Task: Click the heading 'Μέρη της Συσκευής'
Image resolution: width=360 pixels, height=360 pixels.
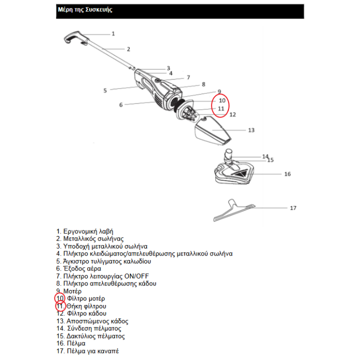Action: coord(84,10)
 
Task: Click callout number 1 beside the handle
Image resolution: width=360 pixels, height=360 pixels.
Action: coord(113,33)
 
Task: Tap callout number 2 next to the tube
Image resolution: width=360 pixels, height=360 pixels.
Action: coord(128,49)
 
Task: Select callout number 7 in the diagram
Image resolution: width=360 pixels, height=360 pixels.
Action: coord(188,77)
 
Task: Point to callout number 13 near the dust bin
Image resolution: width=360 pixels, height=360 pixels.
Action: coord(251,130)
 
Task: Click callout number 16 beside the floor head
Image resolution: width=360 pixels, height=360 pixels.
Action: coord(287,174)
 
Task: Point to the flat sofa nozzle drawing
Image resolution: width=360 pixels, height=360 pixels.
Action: coord(234,212)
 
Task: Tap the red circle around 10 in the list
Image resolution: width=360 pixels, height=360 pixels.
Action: coord(59,298)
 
